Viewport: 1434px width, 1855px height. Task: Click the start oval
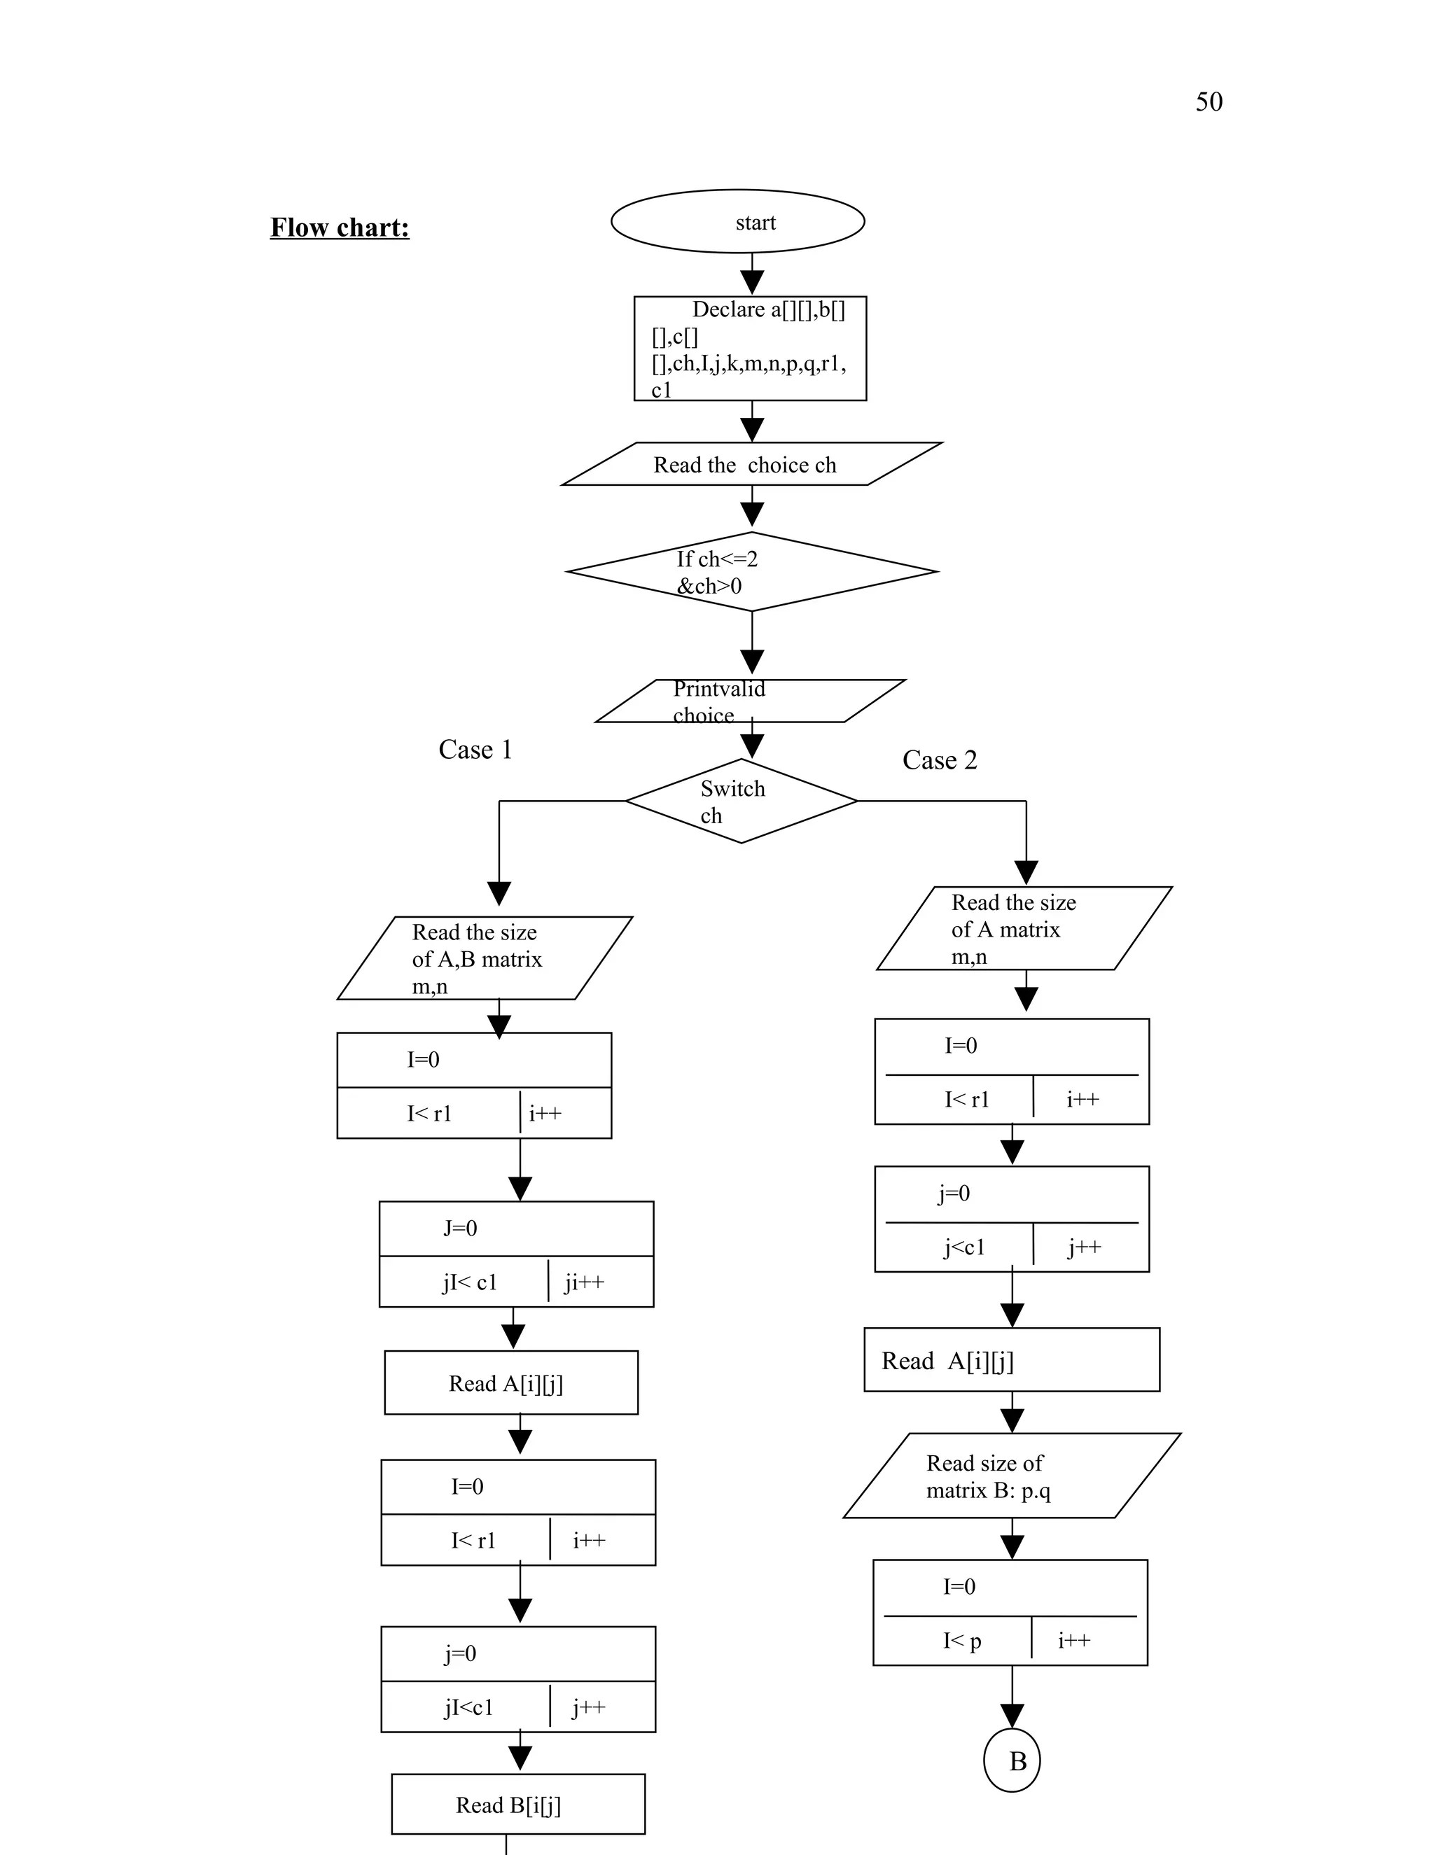pyautogui.click(x=737, y=222)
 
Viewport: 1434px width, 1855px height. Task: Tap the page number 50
pyautogui.click(x=1208, y=102)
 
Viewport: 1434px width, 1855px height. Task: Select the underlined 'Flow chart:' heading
pyautogui.click(x=340, y=227)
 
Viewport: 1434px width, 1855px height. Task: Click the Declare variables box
pyautogui.click(x=750, y=348)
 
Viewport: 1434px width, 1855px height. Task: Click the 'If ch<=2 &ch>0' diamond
pyautogui.click(x=752, y=572)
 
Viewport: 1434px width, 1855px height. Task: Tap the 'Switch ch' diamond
pyautogui.click(x=741, y=801)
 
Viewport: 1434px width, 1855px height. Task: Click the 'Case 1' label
pyautogui.click(x=475, y=749)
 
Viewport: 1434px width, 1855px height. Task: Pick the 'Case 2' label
pyautogui.click(x=940, y=759)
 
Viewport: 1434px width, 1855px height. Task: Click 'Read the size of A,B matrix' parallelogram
pyautogui.click(x=485, y=958)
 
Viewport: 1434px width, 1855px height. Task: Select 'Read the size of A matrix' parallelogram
pyautogui.click(x=1024, y=928)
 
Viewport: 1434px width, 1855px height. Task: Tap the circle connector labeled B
pyautogui.click(x=1012, y=1760)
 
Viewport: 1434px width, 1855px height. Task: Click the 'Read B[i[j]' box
pyautogui.click(x=517, y=1804)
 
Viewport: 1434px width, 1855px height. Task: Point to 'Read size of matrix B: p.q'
pyautogui.click(x=1011, y=1476)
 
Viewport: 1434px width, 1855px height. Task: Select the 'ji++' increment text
pyautogui.click(x=585, y=1282)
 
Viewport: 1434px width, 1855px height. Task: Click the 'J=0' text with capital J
pyautogui.click(x=459, y=1228)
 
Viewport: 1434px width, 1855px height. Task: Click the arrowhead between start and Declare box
pyautogui.click(x=752, y=282)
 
